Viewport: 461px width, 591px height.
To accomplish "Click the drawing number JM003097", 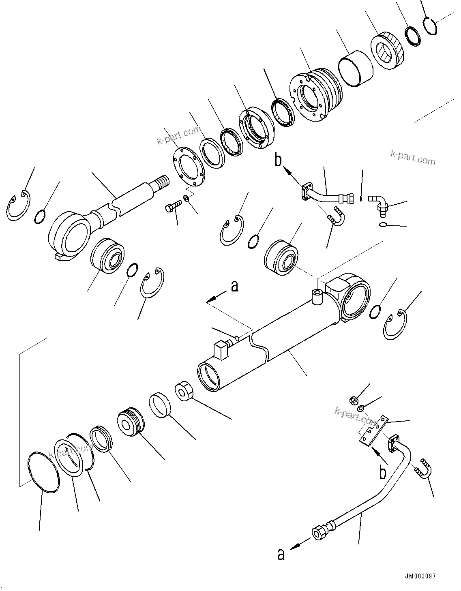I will (420, 576).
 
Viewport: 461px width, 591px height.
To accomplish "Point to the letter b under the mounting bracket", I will (382, 472).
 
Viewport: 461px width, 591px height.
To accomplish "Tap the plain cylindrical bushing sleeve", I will (356, 68).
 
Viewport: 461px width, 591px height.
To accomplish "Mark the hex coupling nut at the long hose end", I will (318, 531).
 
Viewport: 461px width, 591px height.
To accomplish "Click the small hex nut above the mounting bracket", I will (353, 400).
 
